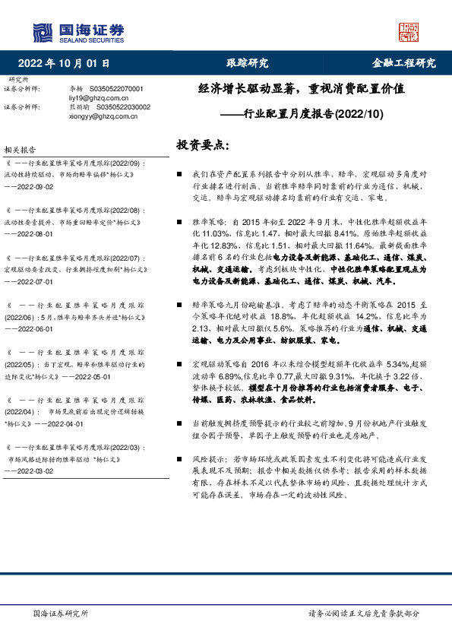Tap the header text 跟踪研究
coord(248,63)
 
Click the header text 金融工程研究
coord(403,63)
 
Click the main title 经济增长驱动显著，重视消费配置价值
coord(302,88)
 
